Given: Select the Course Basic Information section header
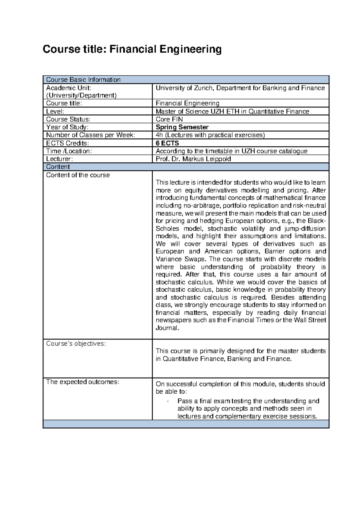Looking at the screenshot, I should click(x=83, y=80).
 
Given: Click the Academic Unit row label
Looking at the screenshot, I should click(x=68, y=88).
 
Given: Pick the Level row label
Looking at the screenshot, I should click(x=55, y=111).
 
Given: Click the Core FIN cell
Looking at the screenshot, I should click(x=169, y=119).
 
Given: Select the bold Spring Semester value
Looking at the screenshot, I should click(x=182, y=127).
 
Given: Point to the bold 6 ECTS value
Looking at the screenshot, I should click(x=167, y=143).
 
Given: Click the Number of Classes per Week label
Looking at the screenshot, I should click(x=91, y=135).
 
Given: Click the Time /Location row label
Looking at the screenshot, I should click(x=69, y=151).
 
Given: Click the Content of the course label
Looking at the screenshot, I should click(x=78, y=175).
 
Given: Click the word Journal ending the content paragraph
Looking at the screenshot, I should click(x=167, y=328).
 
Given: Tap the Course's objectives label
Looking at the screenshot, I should click(x=76, y=344).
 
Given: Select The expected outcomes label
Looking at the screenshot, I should click(x=82, y=382).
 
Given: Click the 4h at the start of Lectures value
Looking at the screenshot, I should click(x=159, y=135).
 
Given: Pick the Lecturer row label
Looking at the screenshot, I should click(x=59, y=159).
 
